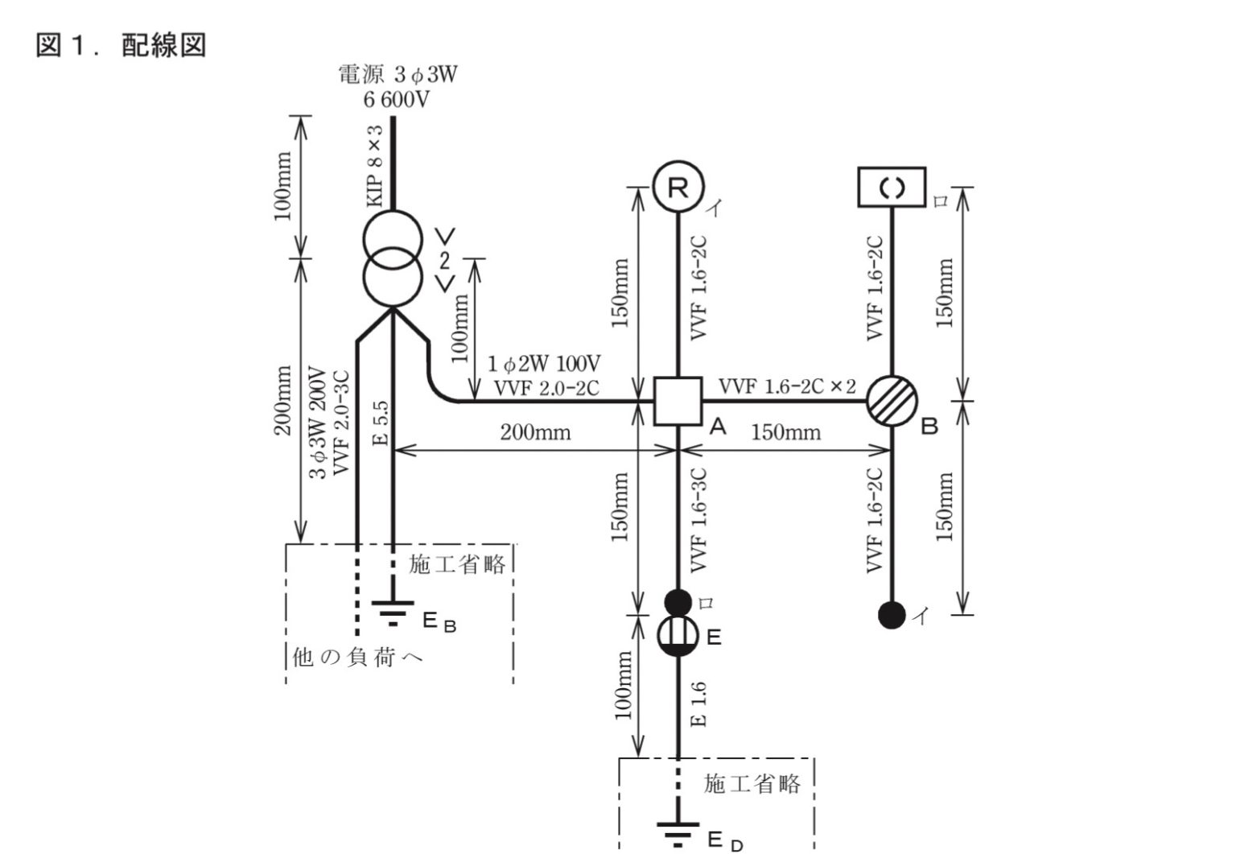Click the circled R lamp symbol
tap(678, 188)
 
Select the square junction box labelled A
tap(678, 401)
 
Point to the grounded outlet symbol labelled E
tap(678, 637)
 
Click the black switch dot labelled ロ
tap(678, 601)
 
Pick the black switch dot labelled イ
tap(892, 616)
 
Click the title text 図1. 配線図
tap(121, 45)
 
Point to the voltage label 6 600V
tap(395, 101)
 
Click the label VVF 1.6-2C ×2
tap(786, 386)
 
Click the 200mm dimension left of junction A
tap(535, 433)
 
